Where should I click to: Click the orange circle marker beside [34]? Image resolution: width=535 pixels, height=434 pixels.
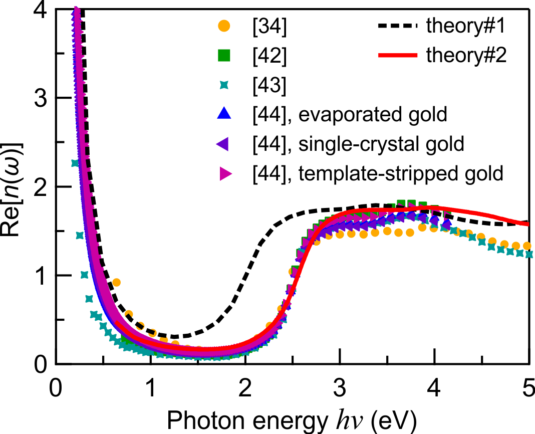pos(225,27)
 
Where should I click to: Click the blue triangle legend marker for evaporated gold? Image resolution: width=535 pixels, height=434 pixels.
pos(225,114)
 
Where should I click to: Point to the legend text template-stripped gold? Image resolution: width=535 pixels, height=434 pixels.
pos(401,173)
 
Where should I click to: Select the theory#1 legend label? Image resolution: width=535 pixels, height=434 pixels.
pos(466,27)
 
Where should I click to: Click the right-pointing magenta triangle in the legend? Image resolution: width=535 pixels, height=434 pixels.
pos(225,173)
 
